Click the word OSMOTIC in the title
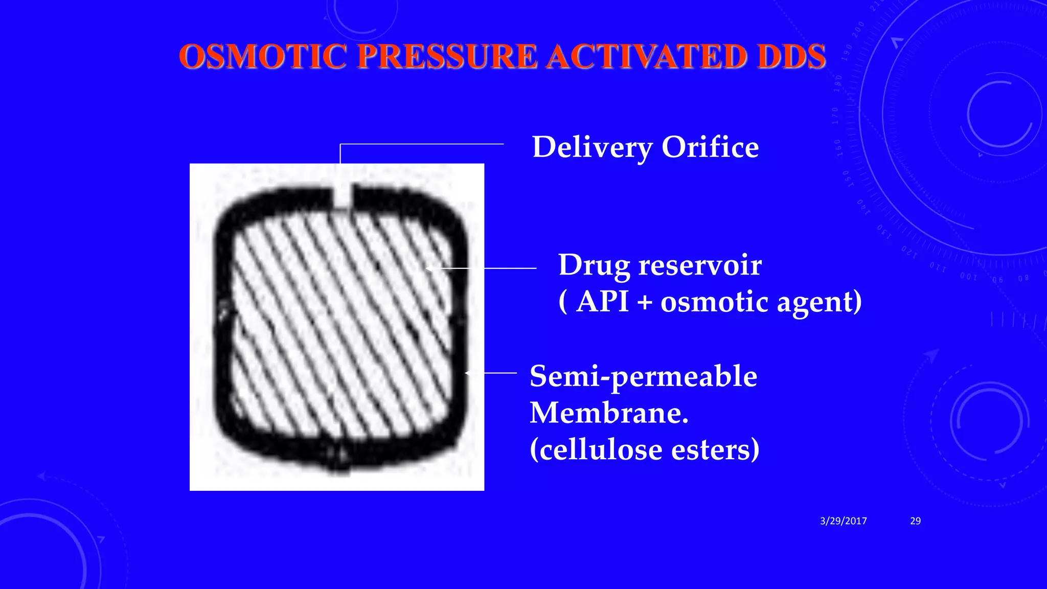click(x=263, y=56)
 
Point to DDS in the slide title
click(x=791, y=56)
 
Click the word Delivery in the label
click(x=592, y=147)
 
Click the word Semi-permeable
click(x=643, y=377)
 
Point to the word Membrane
click(x=608, y=413)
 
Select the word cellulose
click(x=601, y=450)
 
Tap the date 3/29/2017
click(x=843, y=521)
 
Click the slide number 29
click(x=915, y=521)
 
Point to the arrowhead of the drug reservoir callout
click(x=428, y=268)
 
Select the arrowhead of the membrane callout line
click(x=467, y=373)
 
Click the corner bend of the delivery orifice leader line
click(x=340, y=145)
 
